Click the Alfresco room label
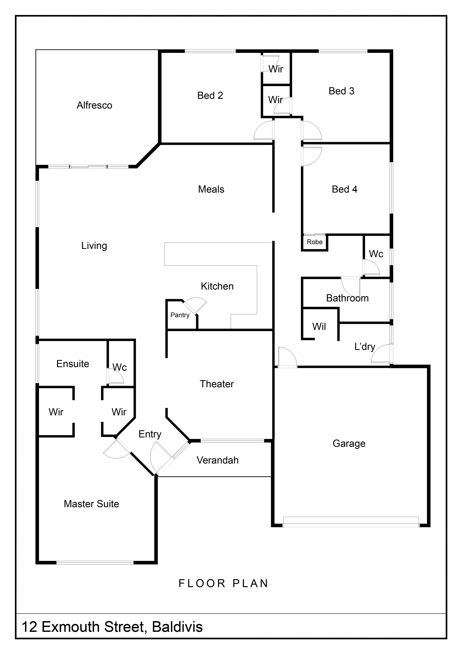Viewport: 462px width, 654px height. [94, 105]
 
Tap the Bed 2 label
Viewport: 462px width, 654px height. [210, 95]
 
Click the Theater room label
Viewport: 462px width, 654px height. [217, 384]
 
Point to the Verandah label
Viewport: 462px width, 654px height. [218, 460]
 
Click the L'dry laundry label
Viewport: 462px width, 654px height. [365, 347]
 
